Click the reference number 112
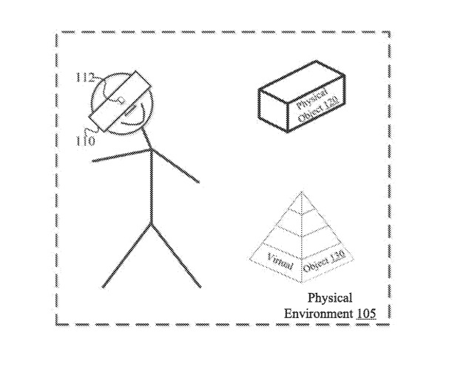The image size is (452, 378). pos(84,78)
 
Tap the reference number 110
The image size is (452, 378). pos(85,141)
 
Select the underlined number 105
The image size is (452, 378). pos(366,314)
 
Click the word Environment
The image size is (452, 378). pos(319,314)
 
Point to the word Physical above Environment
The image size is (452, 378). pos(330,298)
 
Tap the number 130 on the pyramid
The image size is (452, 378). pos(337,257)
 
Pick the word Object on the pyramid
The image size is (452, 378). pos(316,265)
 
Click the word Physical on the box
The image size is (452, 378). pos(312,99)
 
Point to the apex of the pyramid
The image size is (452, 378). pos(302,192)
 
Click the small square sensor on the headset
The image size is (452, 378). pos(121,101)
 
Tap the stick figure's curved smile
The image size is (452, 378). pos(134,118)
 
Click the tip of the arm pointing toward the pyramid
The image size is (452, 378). pos(198,182)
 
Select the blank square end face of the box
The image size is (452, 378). pos(274,111)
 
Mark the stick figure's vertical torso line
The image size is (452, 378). pos(152,187)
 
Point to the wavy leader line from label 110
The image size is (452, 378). pos(92,129)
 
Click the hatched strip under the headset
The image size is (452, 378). pos(129,111)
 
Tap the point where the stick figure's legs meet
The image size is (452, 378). pos(151,224)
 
